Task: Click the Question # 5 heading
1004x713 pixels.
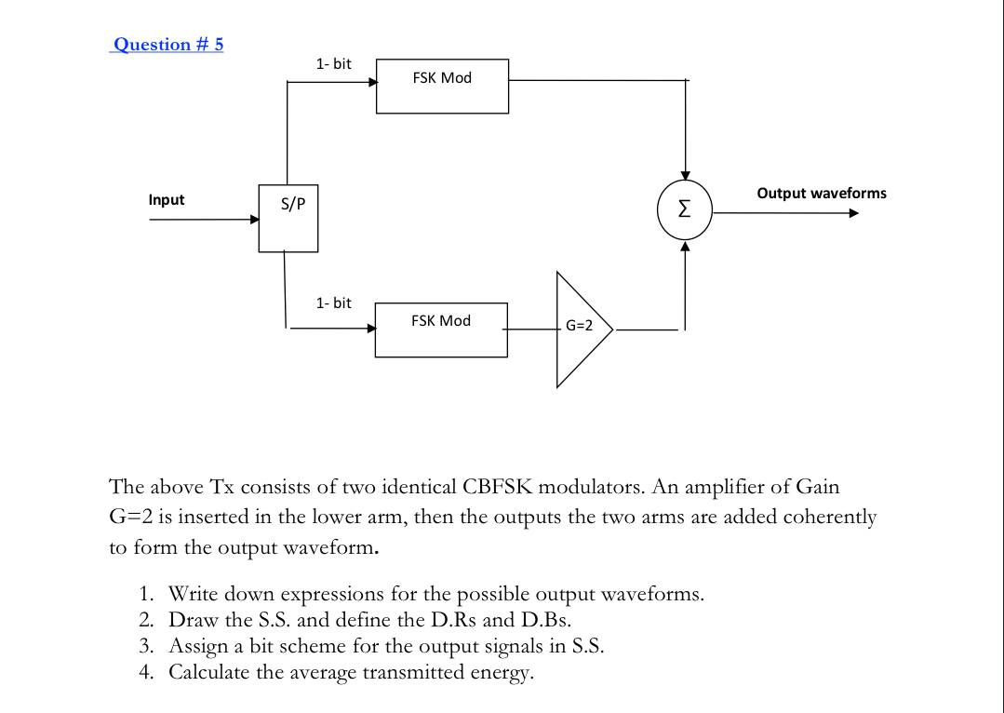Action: pos(167,45)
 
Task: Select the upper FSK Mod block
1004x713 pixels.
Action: pos(442,86)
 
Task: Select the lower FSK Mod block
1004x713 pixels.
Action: pos(441,329)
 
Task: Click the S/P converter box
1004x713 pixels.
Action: pos(288,218)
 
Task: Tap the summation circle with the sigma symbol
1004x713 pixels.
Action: pos(685,211)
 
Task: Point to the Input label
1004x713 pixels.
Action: pos(167,200)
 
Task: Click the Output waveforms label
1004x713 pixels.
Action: pos(822,194)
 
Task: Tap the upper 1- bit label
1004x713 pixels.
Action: pos(333,64)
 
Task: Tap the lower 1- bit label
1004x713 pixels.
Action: pos(333,303)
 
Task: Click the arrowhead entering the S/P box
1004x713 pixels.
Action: pos(254,221)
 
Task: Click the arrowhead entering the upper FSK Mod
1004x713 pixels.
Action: pos(372,82)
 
